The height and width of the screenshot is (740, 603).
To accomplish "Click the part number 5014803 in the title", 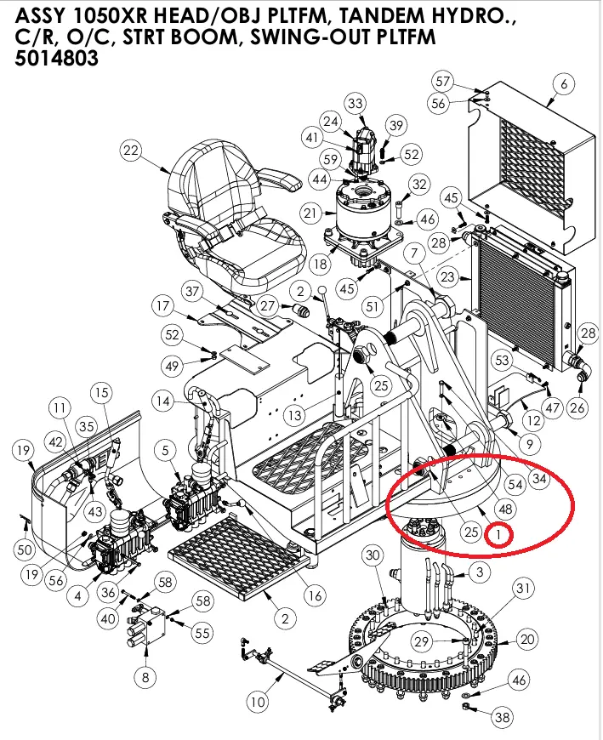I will (56, 59).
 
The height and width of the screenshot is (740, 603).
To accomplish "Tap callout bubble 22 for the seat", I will (130, 151).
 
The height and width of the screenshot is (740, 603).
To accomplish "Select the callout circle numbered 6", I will (562, 83).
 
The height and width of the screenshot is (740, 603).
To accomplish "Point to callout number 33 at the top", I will (355, 104).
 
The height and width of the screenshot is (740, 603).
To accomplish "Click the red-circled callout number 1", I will (498, 535).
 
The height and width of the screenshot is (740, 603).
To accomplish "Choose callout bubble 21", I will (309, 212).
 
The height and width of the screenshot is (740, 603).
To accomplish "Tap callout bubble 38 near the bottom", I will (503, 718).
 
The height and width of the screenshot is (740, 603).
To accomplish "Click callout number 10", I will (258, 703).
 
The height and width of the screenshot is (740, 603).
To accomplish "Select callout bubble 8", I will (145, 677).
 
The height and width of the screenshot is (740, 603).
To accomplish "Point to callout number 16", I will (315, 595).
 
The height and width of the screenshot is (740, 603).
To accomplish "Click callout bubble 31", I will (523, 588).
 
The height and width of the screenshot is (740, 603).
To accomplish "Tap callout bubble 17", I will (163, 305).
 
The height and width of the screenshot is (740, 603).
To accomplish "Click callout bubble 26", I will (577, 408).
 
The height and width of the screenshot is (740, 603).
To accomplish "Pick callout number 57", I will (442, 82).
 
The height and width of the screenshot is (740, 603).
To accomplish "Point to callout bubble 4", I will (77, 596).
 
